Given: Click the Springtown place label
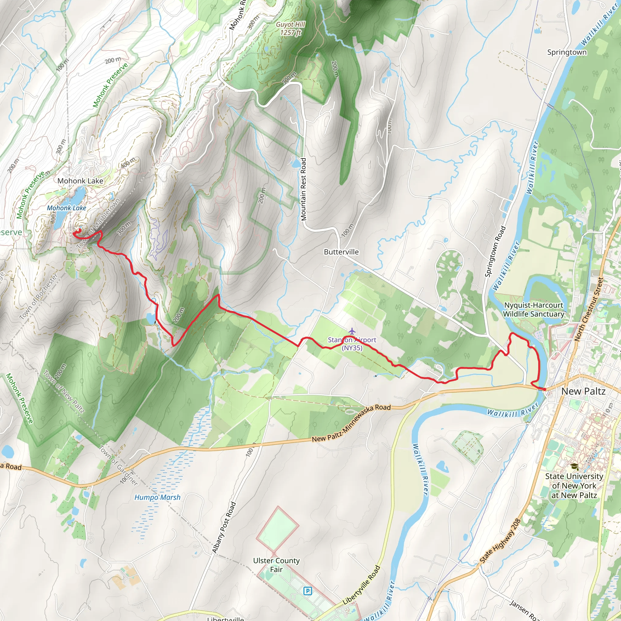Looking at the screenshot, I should [567, 52].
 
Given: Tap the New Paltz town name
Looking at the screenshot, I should [583, 391].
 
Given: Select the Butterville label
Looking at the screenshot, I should [341, 252].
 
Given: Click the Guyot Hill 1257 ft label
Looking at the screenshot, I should [290, 28].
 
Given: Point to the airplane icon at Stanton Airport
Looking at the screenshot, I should [352, 331].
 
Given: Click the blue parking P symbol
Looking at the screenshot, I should [307, 590].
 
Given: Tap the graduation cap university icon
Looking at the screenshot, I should [574, 466].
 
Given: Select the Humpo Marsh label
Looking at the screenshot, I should [157, 497].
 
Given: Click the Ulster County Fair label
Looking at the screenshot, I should [276, 565].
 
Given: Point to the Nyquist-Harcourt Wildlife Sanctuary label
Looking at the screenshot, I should [533, 309].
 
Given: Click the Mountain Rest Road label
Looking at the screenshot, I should [304, 189].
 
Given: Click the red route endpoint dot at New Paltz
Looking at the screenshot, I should [545, 389].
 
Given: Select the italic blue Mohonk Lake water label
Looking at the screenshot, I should [66, 208].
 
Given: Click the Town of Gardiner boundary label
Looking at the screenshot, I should [118, 465].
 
